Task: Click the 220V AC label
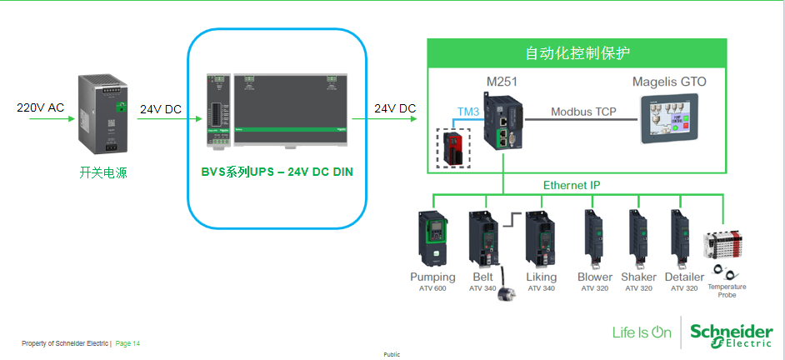pyautogui.click(x=40, y=108)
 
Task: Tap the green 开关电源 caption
pyautogui.click(x=103, y=173)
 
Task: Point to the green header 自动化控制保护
pyautogui.click(x=577, y=53)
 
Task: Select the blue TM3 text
pyautogui.click(x=468, y=112)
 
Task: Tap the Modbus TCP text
pyautogui.click(x=583, y=112)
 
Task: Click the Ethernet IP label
pyautogui.click(x=572, y=185)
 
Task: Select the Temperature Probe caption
pyautogui.click(x=727, y=291)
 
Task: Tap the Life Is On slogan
pyautogui.click(x=642, y=332)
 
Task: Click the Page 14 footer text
pyautogui.click(x=127, y=343)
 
